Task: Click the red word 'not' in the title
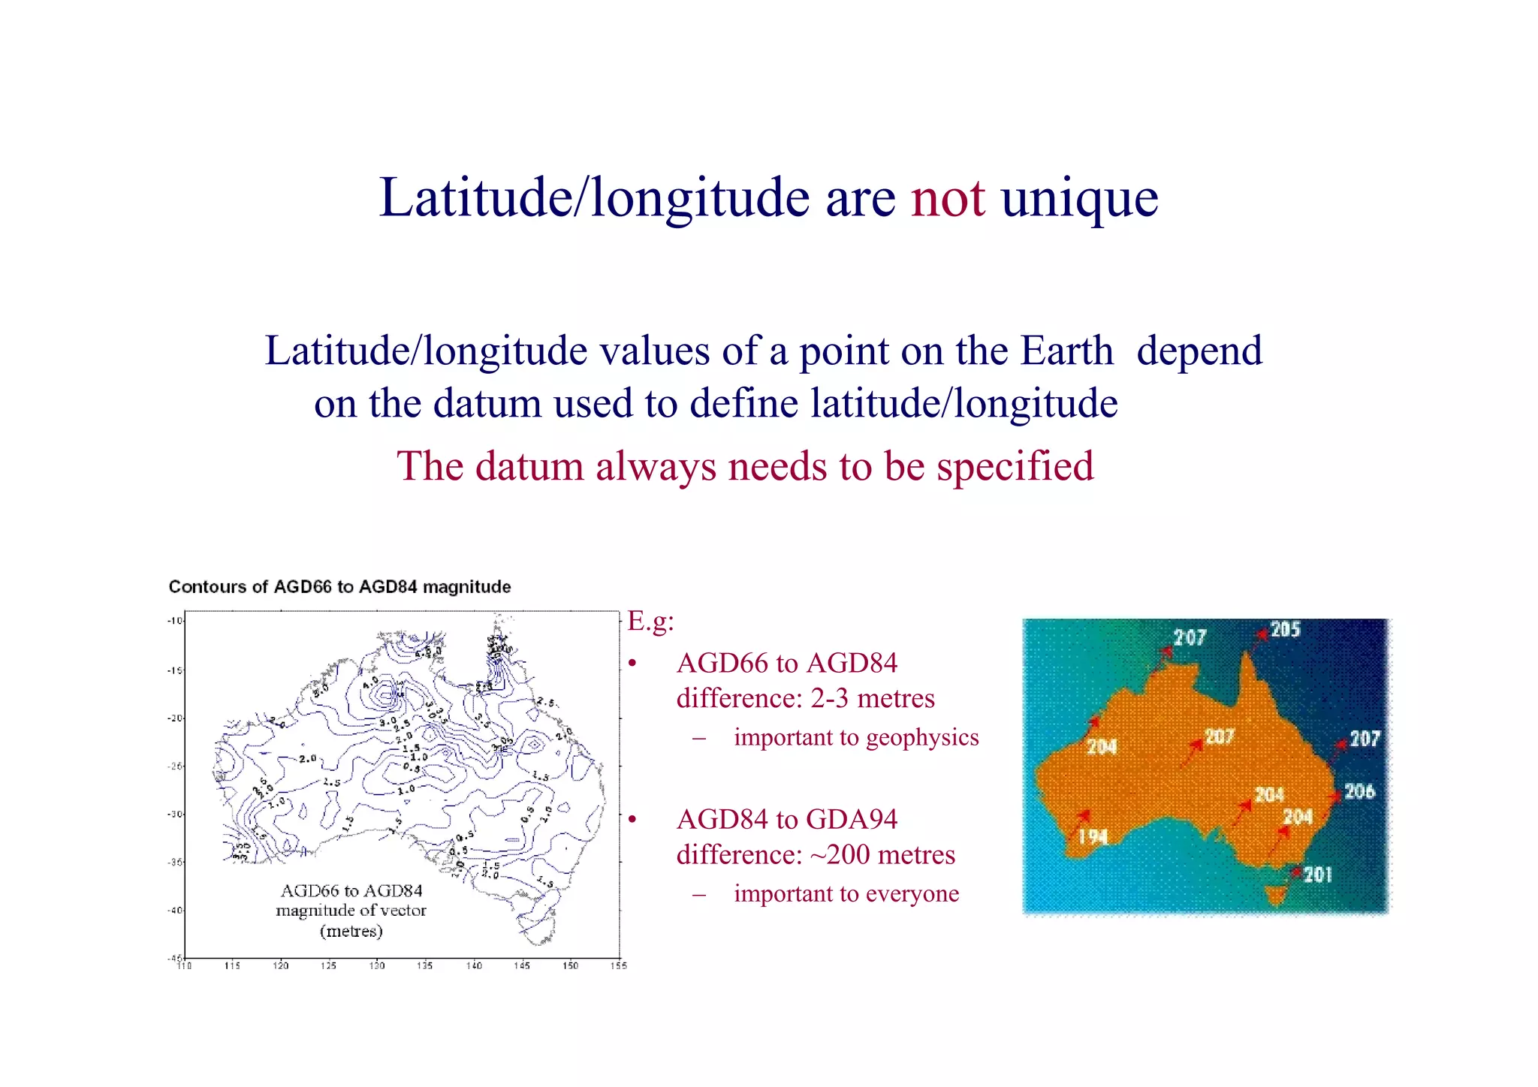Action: coord(948,198)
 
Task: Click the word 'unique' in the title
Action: coord(1079,198)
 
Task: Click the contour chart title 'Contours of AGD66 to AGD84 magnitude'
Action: coord(339,587)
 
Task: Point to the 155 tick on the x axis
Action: coord(618,965)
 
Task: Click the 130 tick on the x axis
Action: coord(377,965)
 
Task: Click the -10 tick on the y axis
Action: coord(175,621)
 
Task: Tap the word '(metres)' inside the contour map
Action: coord(351,932)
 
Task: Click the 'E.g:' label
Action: coord(650,622)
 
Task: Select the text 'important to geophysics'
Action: coord(856,738)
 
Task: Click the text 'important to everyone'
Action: coord(846,894)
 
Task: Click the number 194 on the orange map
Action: coord(1093,837)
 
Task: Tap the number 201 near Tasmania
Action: coord(1318,875)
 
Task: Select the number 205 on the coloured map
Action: coord(1285,629)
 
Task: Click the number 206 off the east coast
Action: coord(1359,791)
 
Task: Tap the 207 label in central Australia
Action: coord(1220,736)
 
